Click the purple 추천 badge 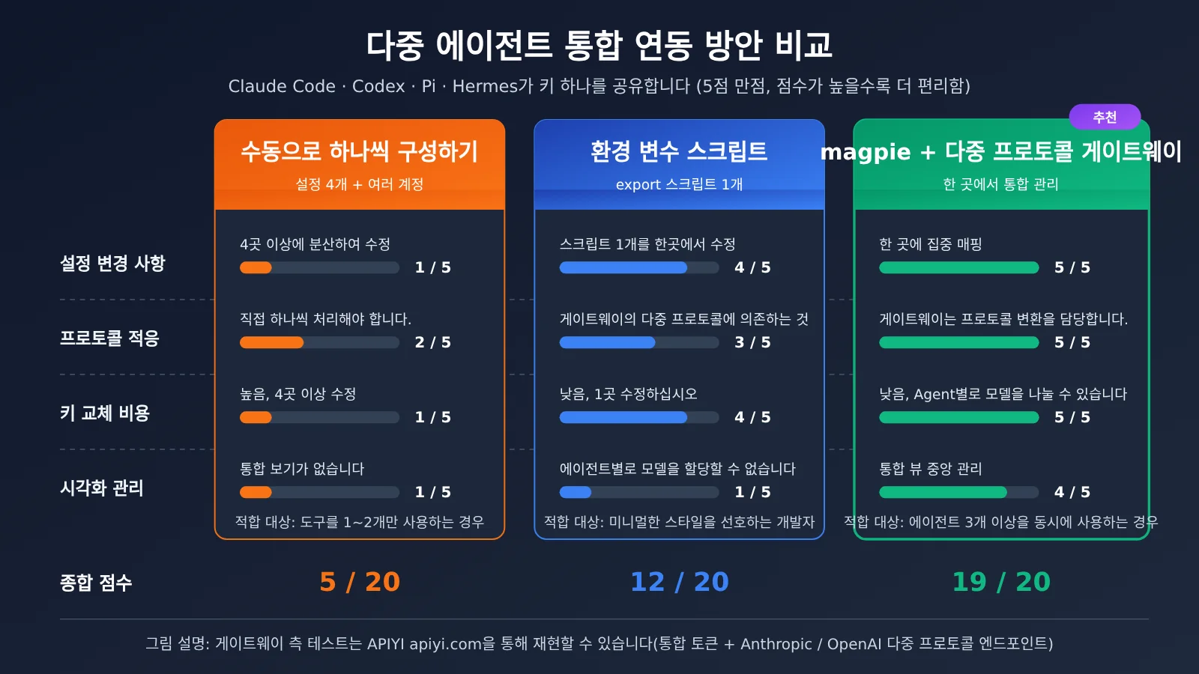[x=1105, y=117]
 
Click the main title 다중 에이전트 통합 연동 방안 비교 [x=599, y=45]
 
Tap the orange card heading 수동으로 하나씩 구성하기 [x=359, y=151]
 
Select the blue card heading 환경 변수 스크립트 [x=679, y=151]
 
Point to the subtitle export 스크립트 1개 [x=679, y=184]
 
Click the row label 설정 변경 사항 [x=112, y=263]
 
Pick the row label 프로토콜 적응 [x=109, y=338]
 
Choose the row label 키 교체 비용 [x=105, y=413]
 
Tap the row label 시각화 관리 [x=102, y=488]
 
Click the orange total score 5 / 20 [x=360, y=582]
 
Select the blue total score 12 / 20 [x=679, y=582]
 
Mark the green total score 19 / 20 [x=1001, y=582]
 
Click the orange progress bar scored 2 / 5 [x=319, y=342]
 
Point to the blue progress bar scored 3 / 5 [x=639, y=342]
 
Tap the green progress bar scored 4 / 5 [x=958, y=492]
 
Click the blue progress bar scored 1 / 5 [x=639, y=492]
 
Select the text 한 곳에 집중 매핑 [x=930, y=244]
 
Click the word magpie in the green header [x=866, y=153]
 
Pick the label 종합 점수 [x=96, y=583]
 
